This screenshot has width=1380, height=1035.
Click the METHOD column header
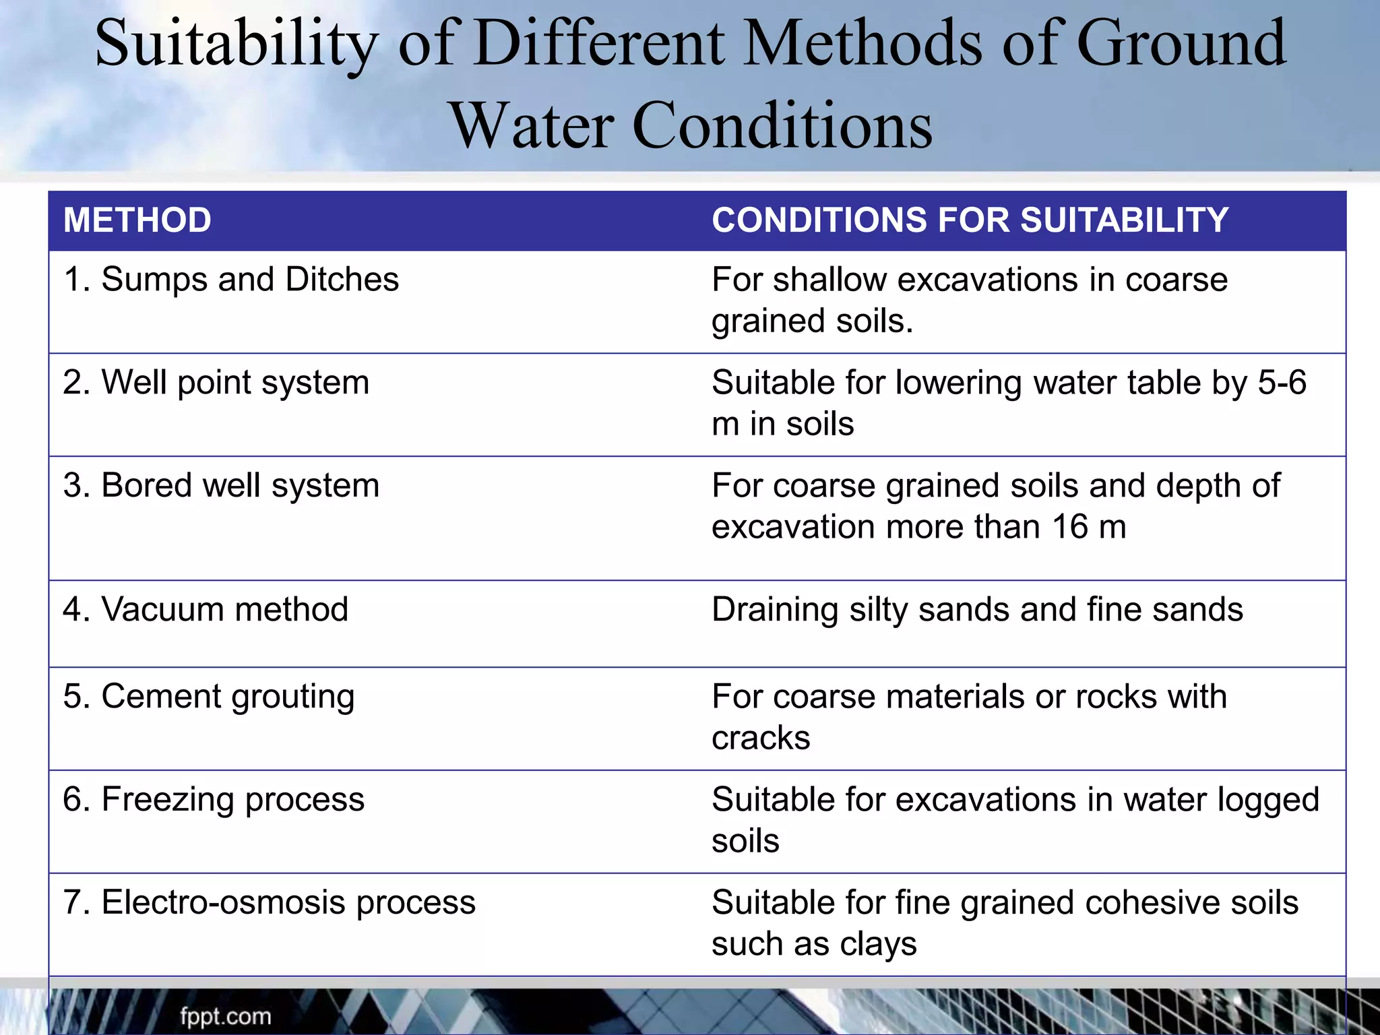(x=137, y=220)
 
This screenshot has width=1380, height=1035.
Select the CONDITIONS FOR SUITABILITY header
(x=970, y=220)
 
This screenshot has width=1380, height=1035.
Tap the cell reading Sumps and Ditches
(x=231, y=280)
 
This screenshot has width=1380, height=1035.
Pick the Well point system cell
(x=216, y=383)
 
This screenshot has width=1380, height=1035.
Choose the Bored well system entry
(x=221, y=486)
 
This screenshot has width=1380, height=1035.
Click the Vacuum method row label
(x=206, y=609)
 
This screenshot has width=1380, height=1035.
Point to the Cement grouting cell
(x=209, y=697)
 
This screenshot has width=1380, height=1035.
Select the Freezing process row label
(x=214, y=800)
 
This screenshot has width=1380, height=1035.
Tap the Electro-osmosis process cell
(x=270, y=902)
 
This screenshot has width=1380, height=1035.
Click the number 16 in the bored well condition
(x=1070, y=527)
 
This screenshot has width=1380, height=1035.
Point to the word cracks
(x=761, y=739)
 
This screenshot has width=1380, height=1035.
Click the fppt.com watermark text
(x=225, y=1016)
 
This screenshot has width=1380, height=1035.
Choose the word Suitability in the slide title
(x=236, y=44)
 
